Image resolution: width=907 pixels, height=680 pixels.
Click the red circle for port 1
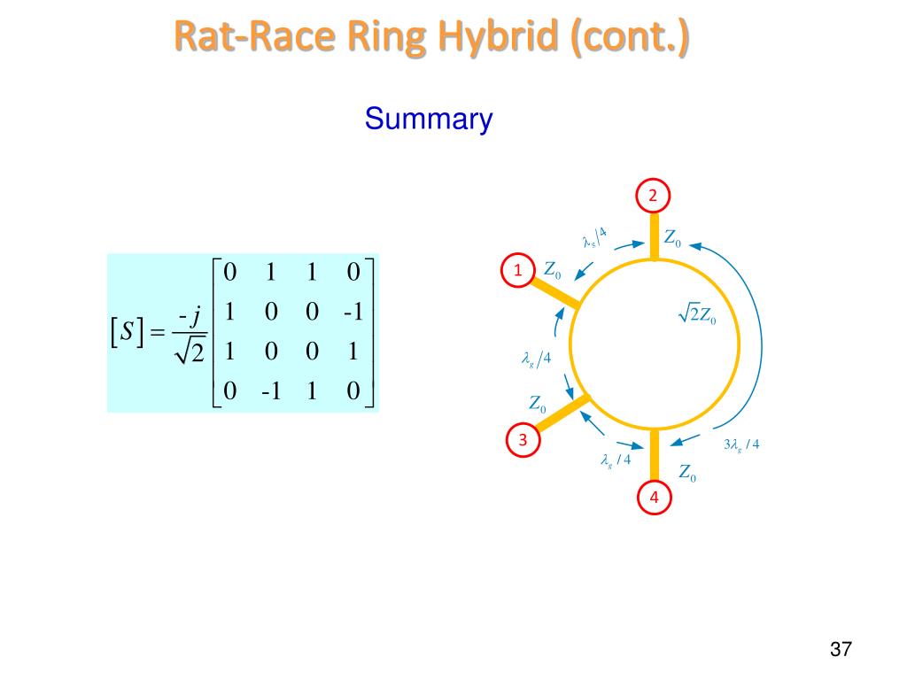click(517, 270)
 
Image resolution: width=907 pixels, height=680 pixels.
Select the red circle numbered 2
click(654, 196)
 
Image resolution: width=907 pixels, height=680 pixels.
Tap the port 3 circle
click(523, 440)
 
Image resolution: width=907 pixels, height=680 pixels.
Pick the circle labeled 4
click(654, 498)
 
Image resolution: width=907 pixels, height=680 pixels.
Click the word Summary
click(428, 119)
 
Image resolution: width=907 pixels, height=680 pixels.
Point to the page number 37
click(841, 649)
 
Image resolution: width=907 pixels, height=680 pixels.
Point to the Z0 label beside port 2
click(673, 238)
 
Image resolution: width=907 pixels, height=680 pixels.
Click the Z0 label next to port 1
click(552, 271)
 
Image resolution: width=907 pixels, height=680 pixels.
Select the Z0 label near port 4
click(687, 474)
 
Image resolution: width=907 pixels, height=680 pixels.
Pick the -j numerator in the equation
click(189, 314)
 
